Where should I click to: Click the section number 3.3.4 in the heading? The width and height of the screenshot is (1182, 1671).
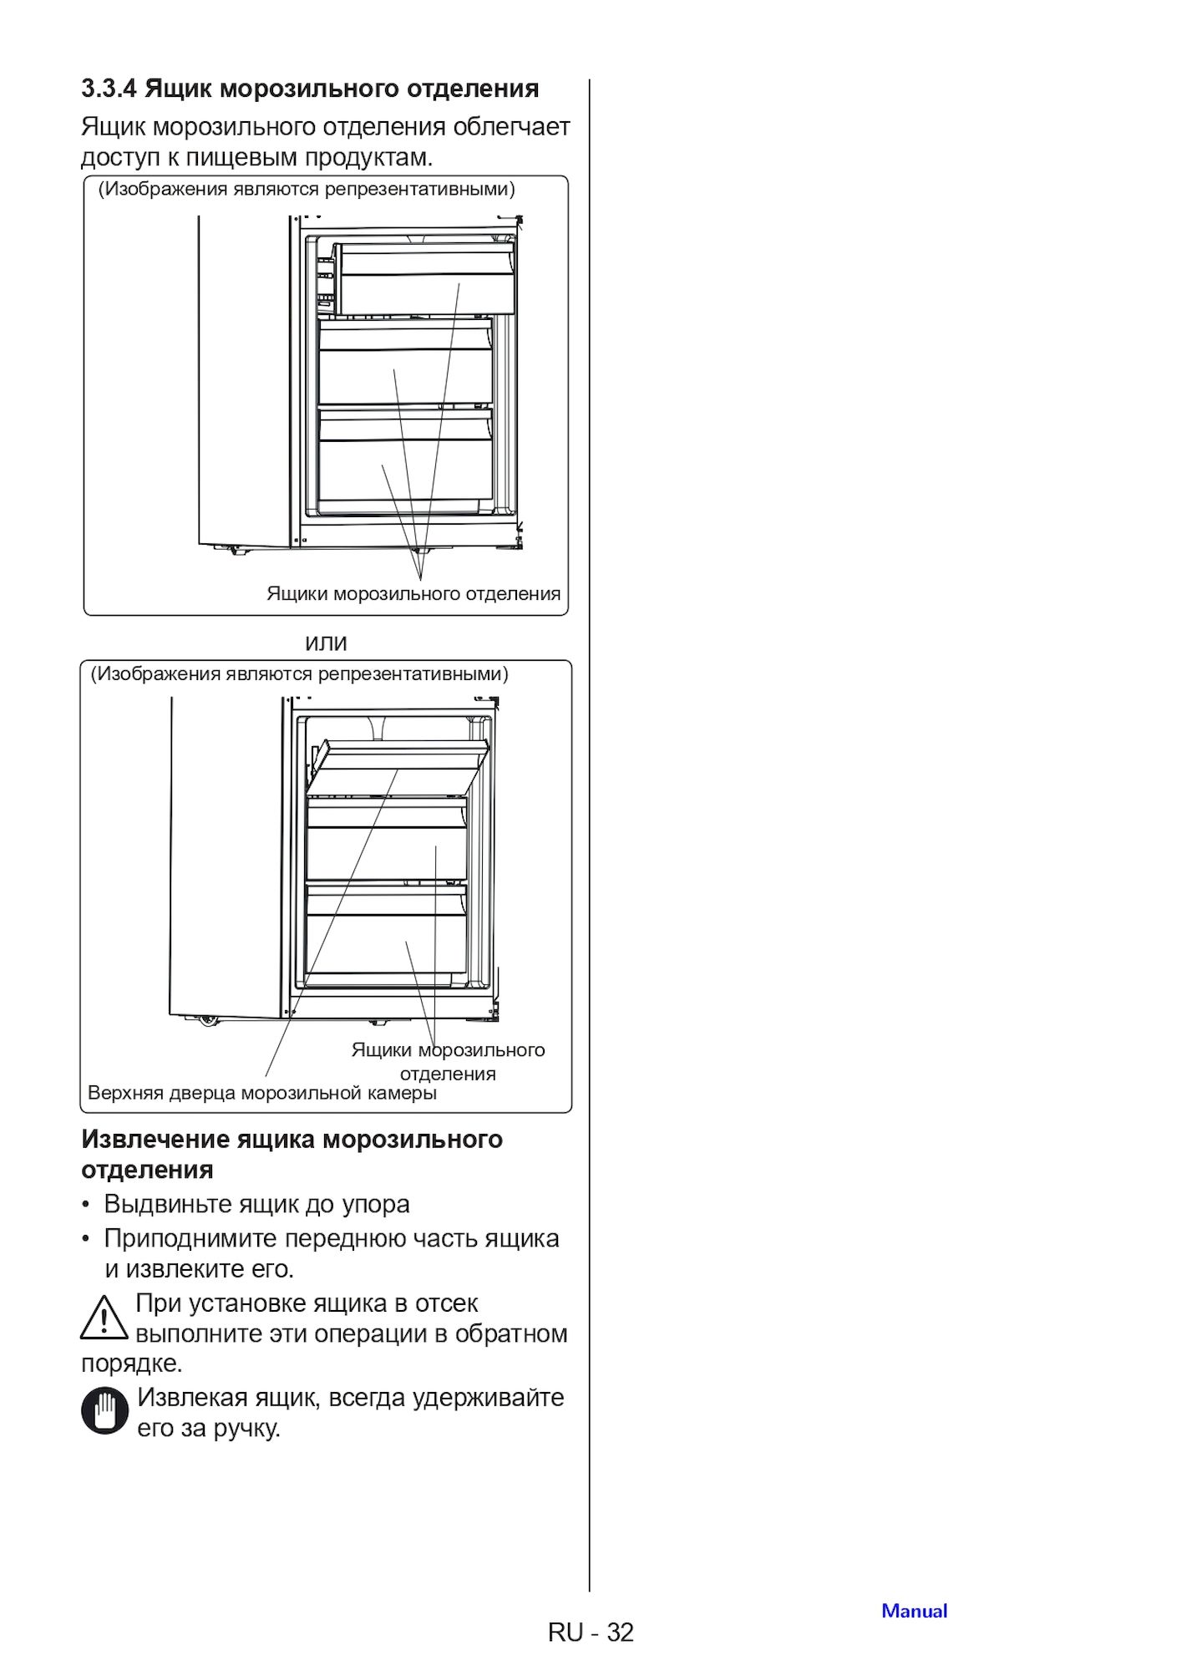tap(109, 89)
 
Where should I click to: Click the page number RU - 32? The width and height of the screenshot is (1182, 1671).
tap(591, 1632)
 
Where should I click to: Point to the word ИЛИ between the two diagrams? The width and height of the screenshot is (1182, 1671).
tap(326, 643)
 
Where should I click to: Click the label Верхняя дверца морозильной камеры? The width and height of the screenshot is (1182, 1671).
tap(261, 1093)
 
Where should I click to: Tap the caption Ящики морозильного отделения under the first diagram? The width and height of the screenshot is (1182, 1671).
tap(413, 594)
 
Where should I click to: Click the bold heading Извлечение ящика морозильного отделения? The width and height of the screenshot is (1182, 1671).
tap(292, 1154)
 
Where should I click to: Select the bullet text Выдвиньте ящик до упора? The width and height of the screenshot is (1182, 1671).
tap(256, 1204)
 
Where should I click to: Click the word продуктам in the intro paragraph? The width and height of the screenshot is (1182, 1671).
tap(368, 157)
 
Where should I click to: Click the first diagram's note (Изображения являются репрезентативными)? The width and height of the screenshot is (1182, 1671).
tap(307, 189)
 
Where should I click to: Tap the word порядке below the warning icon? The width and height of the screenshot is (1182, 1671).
tap(130, 1364)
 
